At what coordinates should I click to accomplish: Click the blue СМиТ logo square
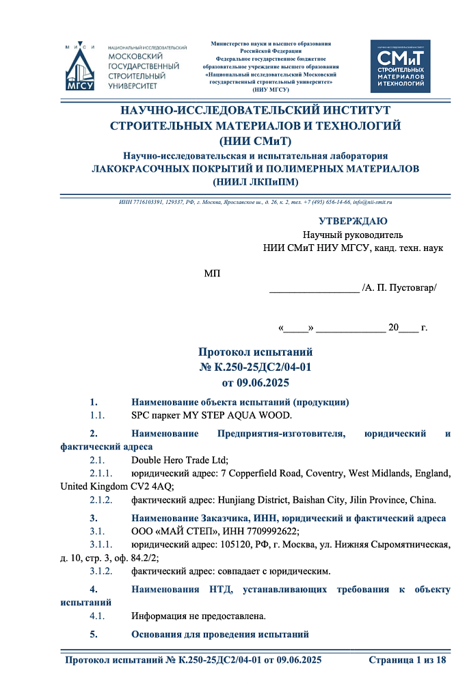pos(400,66)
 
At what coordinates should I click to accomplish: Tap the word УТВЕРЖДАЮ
pos(353,221)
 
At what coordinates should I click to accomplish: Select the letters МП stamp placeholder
pos(212,274)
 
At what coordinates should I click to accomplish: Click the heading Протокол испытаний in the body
pos(255,352)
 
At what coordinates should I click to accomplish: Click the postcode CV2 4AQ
pos(153,486)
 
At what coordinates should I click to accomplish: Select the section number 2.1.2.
pos(102,499)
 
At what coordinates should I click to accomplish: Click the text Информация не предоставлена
pos(198,616)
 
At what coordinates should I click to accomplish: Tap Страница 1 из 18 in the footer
pos(407,660)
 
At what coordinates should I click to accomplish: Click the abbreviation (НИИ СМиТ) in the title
pos(255,142)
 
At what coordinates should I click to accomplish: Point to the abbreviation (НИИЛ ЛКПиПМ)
pos(255,181)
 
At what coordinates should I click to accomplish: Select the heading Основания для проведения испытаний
pos(220,634)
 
